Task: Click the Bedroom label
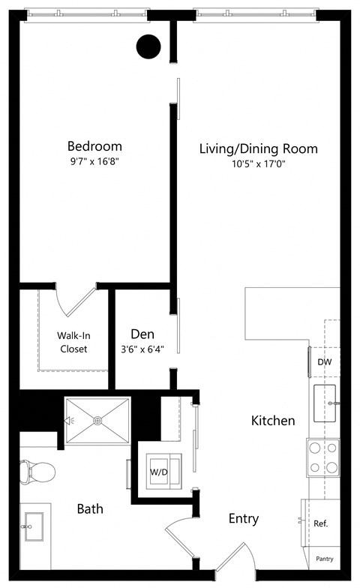click(94, 146)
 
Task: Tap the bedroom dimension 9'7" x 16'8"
click(94, 162)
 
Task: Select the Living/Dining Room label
click(258, 148)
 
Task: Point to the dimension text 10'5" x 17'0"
click(258, 164)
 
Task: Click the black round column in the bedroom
click(148, 47)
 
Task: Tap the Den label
click(142, 334)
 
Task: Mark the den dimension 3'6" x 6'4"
click(142, 349)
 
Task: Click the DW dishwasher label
click(324, 362)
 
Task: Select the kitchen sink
click(325, 403)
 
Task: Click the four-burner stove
click(323, 458)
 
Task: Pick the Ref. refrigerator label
click(321, 523)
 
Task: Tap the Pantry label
click(325, 559)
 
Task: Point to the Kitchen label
click(273, 421)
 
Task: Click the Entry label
click(244, 518)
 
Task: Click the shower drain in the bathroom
click(97, 421)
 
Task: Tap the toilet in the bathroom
click(37, 471)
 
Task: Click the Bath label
click(90, 509)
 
